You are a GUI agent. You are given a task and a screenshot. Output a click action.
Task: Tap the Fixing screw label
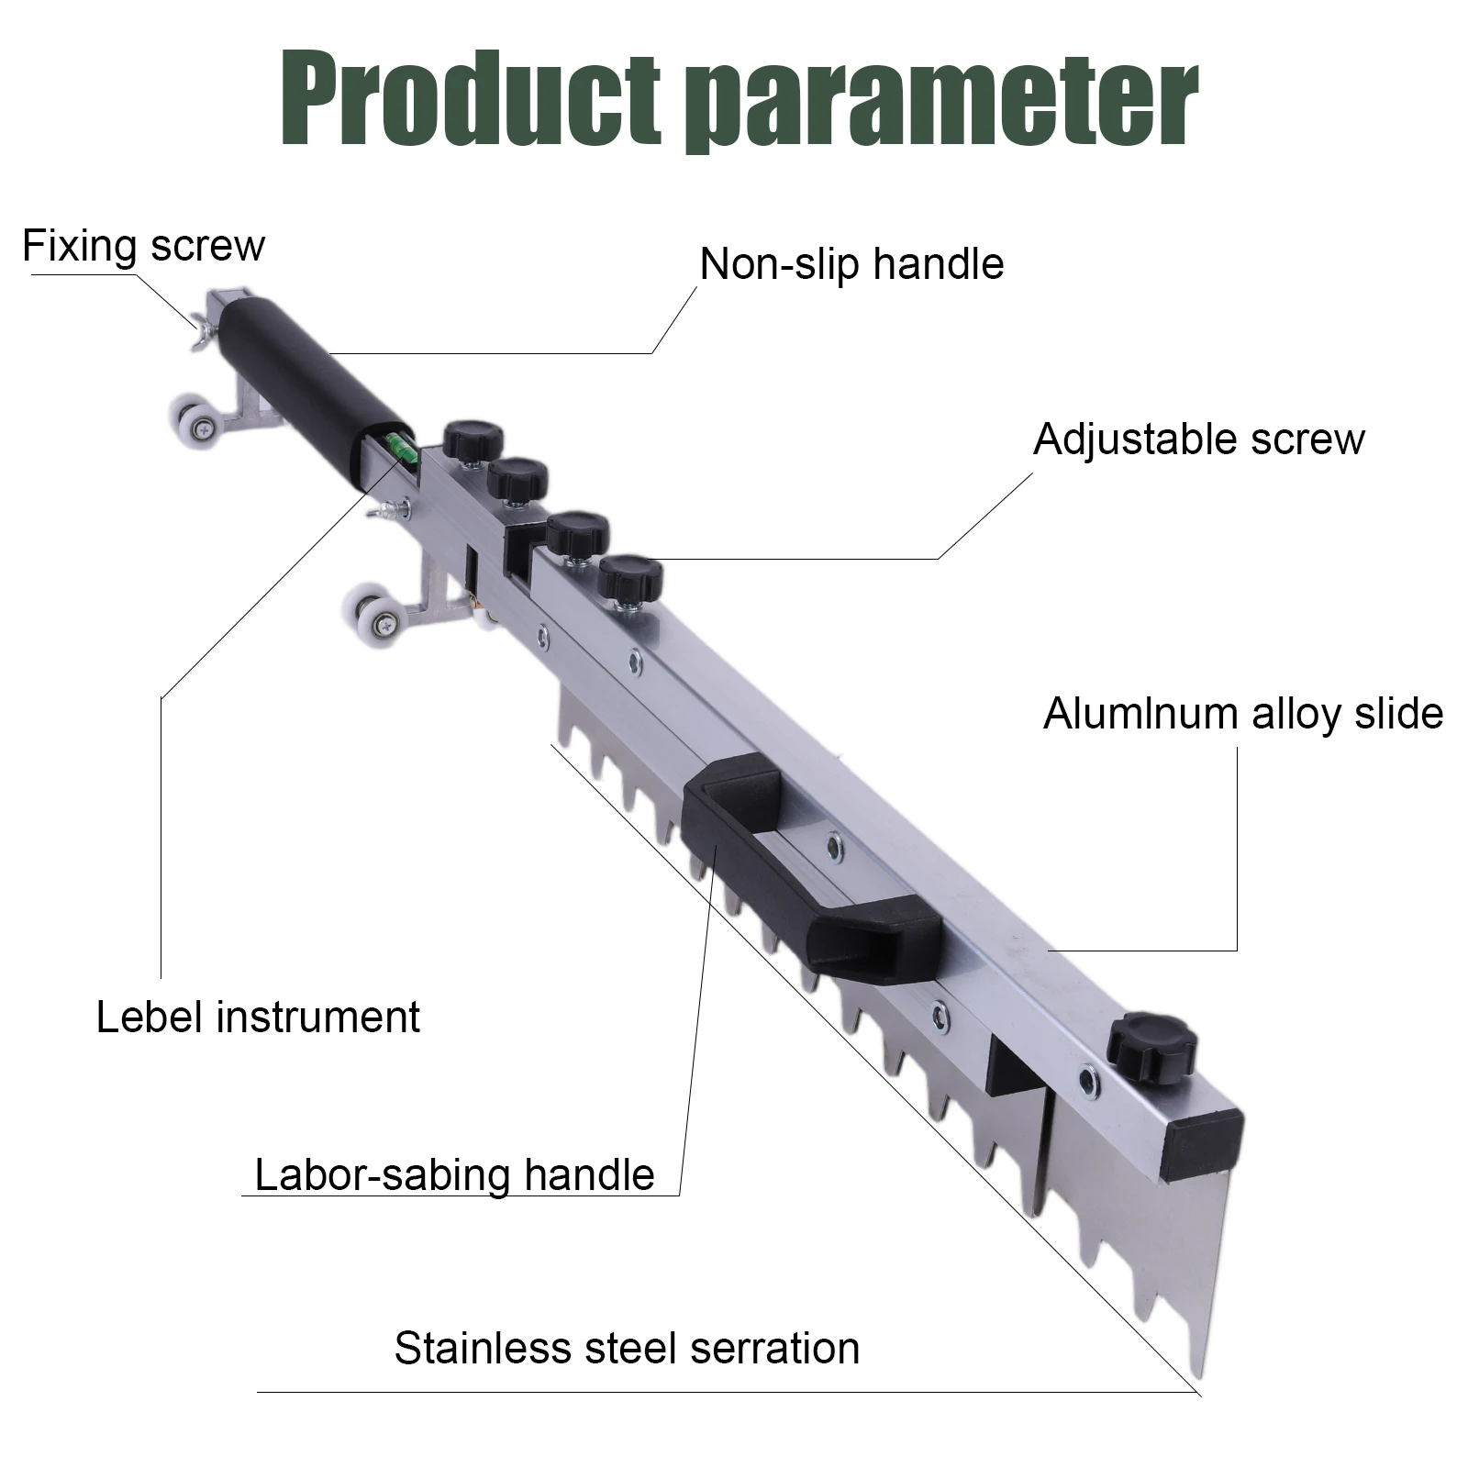click(x=143, y=246)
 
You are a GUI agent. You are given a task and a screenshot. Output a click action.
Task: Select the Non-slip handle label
click(x=851, y=264)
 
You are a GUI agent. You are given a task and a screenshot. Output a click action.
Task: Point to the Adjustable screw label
click(x=1198, y=439)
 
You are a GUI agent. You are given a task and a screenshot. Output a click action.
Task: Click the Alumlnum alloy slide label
click(x=1243, y=714)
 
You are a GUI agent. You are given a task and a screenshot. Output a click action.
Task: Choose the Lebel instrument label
click(x=258, y=1018)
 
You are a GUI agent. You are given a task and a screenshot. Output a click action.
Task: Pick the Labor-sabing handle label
click(x=454, y=1174)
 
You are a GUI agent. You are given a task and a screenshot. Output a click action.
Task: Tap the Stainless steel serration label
click(x=627, y=1349)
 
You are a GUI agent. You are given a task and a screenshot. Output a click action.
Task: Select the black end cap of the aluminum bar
click(x=1201, y=1144)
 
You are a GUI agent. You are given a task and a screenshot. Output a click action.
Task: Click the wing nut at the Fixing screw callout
click(x=201, y=331)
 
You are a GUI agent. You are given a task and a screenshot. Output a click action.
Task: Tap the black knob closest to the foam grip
click(x=474, y=440)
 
